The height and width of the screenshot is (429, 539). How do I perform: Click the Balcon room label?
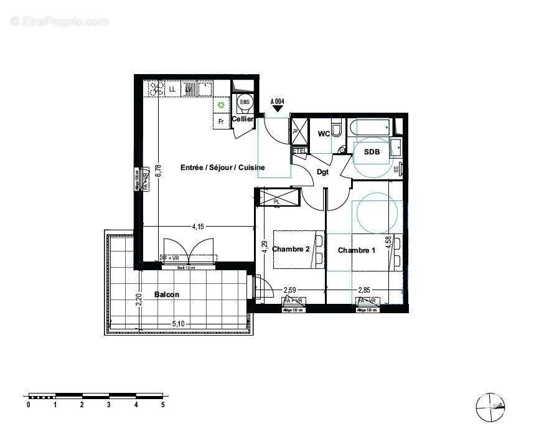(x=166, y=295)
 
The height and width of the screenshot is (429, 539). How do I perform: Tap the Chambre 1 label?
(x=357, y=250)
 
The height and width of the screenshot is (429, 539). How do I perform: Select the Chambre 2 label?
(x=291, y=249)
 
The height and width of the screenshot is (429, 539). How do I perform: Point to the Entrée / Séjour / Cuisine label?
(x=222, y=167)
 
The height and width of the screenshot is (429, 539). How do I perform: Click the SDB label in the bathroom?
(x=372, y=152)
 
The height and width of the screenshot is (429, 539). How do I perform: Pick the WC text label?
(x=324, y=134)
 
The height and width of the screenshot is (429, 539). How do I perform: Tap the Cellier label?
(x=242, y=119)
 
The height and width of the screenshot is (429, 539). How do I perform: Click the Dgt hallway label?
(x=322, y=172)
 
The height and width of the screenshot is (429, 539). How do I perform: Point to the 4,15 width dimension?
(x=197, y=227)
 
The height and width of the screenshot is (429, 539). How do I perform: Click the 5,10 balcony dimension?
(x=178, y=323)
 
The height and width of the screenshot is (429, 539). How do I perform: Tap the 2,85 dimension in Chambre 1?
(x=365, y=290)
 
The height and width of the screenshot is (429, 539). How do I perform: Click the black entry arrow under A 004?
(x=278, y=110)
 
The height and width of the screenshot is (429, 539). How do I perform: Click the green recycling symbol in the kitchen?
(x=221, y=105)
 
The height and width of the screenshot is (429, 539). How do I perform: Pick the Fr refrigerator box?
(x=220, y=121)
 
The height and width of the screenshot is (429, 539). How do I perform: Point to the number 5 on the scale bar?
(x=163, y=405)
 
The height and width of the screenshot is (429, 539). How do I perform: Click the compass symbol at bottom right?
(x=489, y=407)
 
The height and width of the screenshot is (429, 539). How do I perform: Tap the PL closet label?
(x=276, y=202)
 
